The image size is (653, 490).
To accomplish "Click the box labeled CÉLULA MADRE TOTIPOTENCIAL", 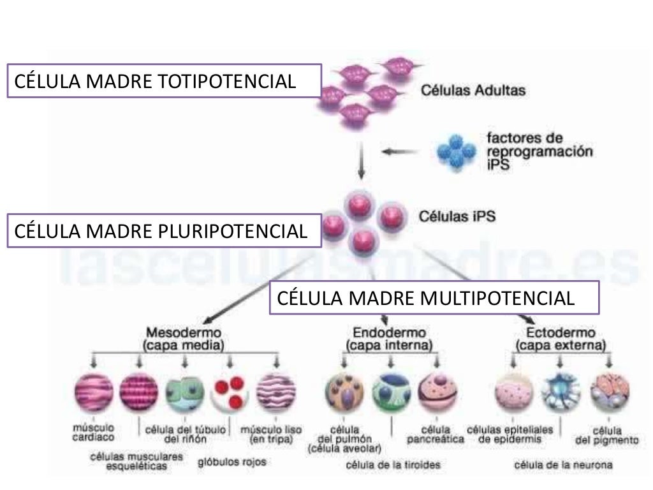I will (163, 81).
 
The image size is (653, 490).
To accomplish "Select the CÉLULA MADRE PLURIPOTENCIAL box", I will (163, 231).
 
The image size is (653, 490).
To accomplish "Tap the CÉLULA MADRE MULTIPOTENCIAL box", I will (434, 297).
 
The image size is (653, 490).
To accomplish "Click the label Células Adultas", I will (473, 91).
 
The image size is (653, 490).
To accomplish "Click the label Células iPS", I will (457, 216).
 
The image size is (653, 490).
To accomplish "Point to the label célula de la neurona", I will (563, 465).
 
